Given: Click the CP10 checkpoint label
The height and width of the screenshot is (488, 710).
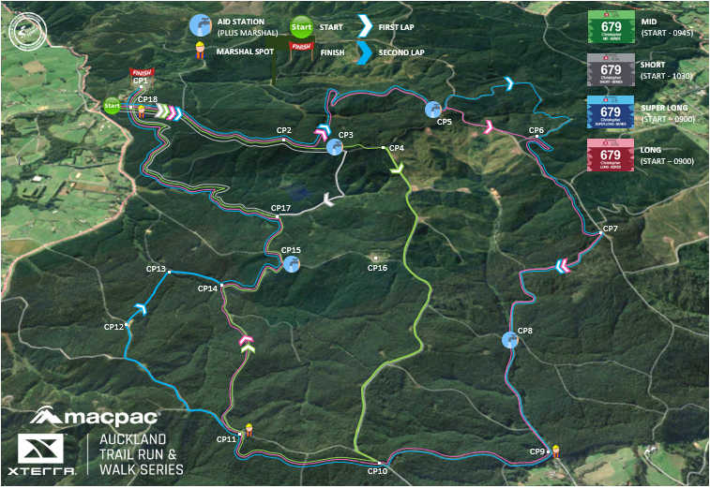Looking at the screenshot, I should [377, 471].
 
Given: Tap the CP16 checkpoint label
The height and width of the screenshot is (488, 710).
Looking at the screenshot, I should [377, 268].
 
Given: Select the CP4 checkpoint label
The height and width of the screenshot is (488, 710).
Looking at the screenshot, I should [396, 148].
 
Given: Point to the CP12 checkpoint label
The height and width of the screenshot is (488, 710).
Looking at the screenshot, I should [113, 327].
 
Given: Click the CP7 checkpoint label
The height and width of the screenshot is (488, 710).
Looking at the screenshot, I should [610, 229].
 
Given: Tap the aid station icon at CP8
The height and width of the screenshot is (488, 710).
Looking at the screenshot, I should [510, 339].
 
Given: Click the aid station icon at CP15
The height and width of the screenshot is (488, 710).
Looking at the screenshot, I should [291, 264].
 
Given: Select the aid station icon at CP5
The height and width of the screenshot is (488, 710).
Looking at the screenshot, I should [432, 109].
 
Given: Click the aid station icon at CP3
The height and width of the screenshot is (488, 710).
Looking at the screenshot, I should [334, 147].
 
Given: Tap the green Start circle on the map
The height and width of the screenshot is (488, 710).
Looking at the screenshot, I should [112, 106].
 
